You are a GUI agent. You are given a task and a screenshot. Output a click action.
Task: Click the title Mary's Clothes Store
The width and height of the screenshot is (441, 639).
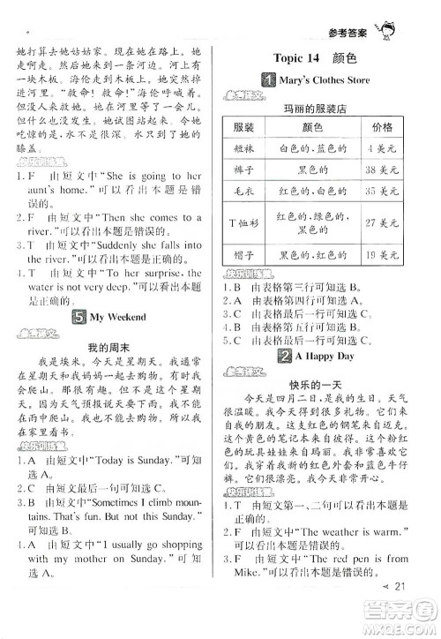pos(341,82)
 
